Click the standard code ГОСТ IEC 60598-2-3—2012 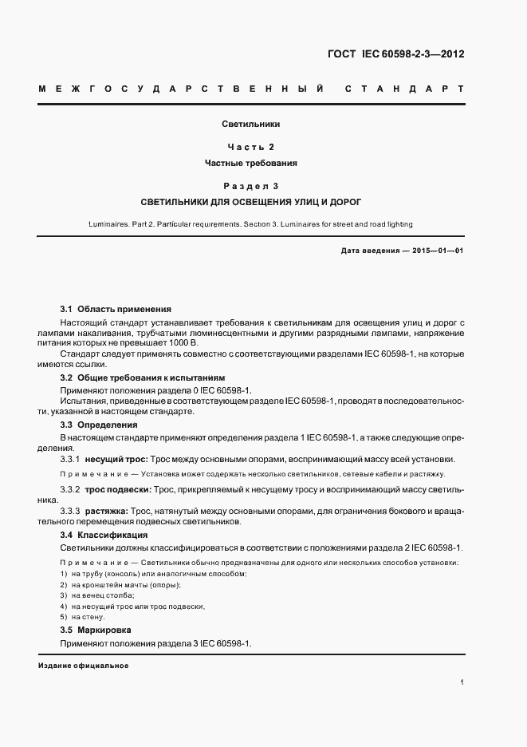[395, 55]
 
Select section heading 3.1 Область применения [116, 309]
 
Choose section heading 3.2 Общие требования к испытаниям [143, 377]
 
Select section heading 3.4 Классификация [104, 535]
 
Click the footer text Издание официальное [83, 666]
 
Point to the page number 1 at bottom [462, 682]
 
